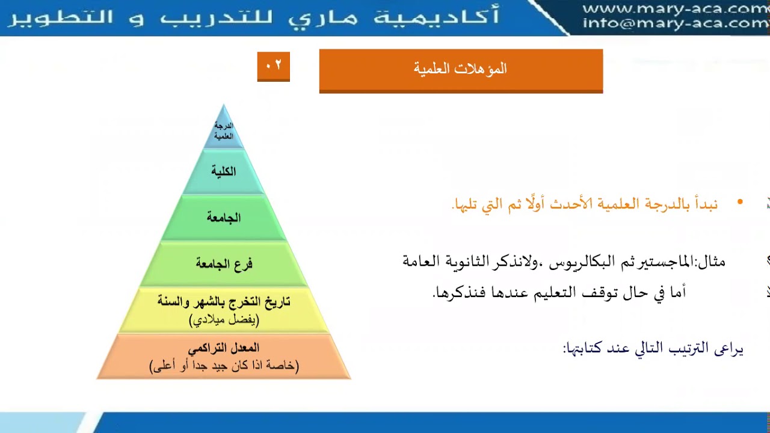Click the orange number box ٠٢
point(273,66)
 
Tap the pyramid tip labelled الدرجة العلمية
point(224,131)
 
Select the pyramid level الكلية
point(223,172)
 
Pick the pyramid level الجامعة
point(224,218)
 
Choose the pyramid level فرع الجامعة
point(224,263)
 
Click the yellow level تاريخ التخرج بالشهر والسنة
point(224,302)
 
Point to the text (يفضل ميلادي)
point(224,319)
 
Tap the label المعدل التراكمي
point(224,348)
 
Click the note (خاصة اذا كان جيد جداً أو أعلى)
point(224,365)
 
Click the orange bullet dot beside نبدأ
point(740,203)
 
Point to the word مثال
point(711,262)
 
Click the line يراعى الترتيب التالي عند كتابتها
point(653,348)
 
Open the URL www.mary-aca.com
point(675,9)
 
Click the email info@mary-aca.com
point(675,23)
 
